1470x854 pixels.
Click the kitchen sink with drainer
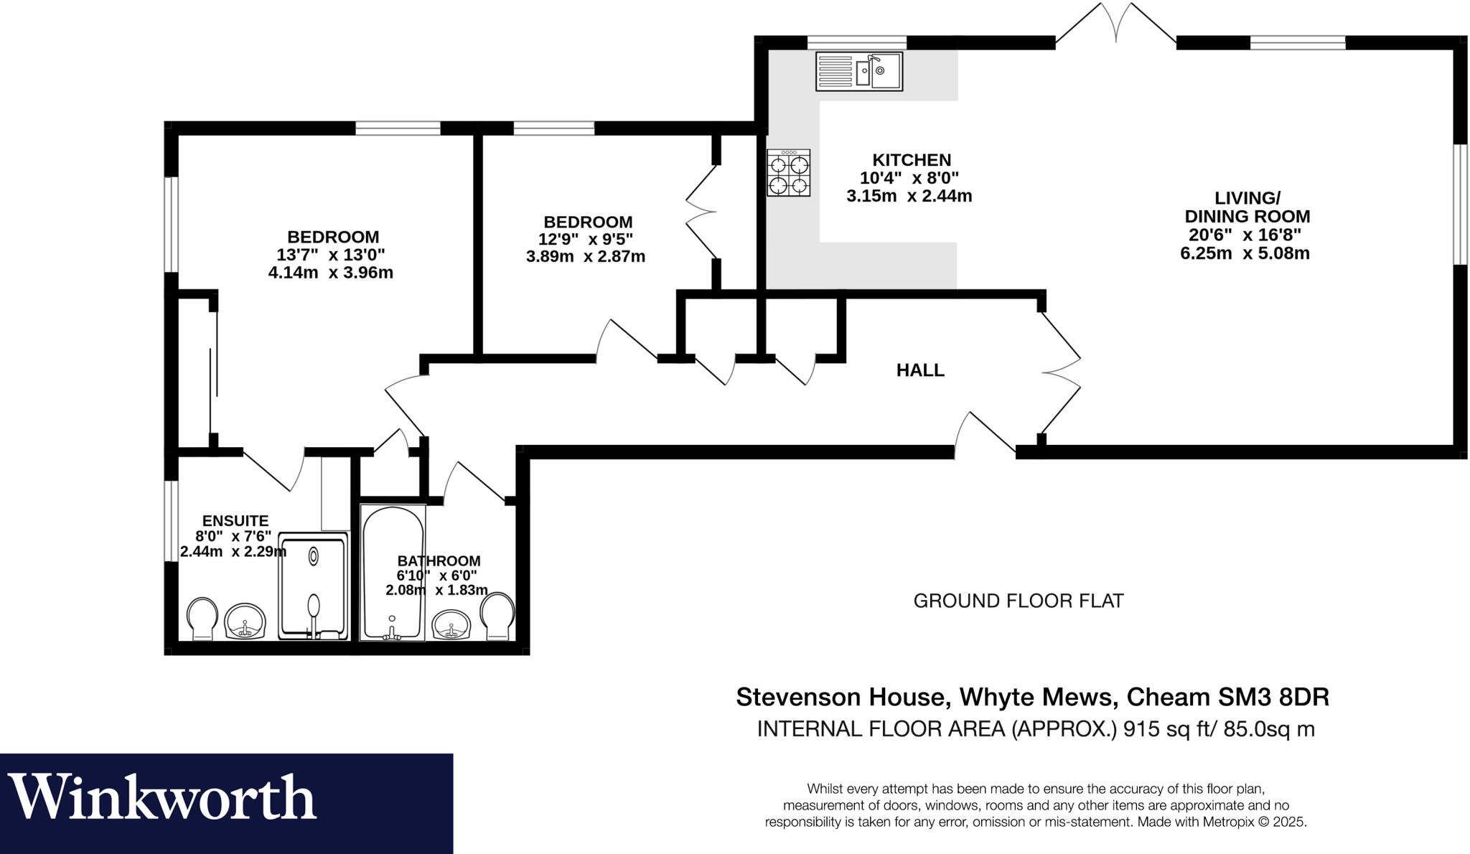click(x=858, y=71)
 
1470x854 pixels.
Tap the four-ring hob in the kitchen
click(x=788, y=173)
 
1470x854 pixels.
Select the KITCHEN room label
click(x=911, y=160)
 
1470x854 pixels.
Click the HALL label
click(x=920, y=370)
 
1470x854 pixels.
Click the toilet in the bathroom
click(x=497, y=616)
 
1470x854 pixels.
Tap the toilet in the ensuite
click(x=202, y=618)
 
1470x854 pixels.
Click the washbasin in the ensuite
click(x=245, y=621)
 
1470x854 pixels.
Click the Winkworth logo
click(x=164, y=797)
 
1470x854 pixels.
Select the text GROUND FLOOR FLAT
click(x=1018, y=601)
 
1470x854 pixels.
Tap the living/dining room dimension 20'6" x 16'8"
click(x=1245, y=235)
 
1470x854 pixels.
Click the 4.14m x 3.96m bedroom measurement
click(x=330, y=273)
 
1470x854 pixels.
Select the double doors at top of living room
click(x=1115, y=25)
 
